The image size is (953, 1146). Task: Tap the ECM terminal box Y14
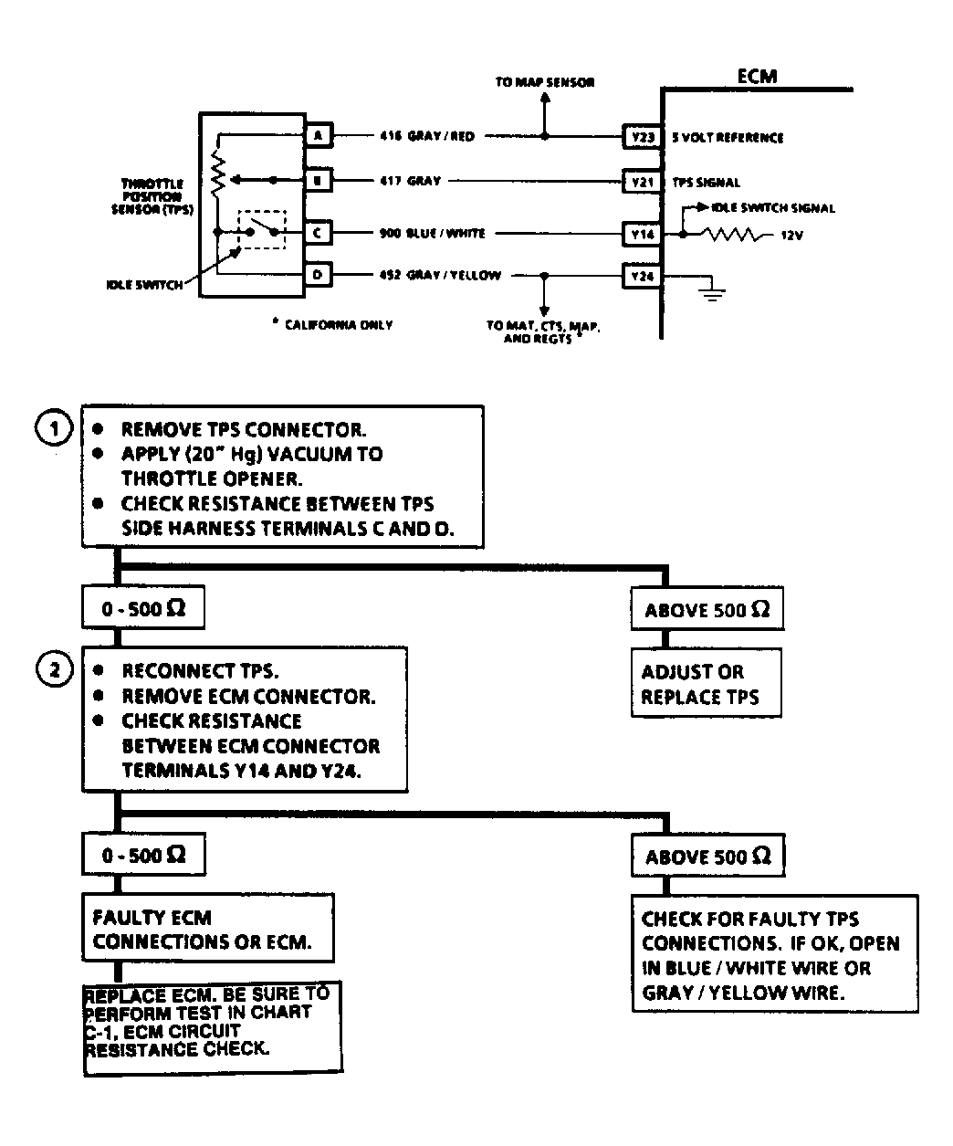tap(642, 234)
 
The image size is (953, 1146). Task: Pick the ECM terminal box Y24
tap(642, 275)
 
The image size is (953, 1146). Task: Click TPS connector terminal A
tap(318, 136)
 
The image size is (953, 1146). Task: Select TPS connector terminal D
tap(318, 275)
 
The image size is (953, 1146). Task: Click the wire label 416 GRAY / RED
tap(426, 137)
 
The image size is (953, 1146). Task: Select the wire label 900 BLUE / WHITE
tap(432, 234)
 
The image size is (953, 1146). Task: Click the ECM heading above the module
tap(757, 77)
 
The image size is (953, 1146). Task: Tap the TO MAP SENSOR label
tap(544, 82)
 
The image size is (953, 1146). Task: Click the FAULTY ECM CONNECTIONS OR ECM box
tap(207, 930)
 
